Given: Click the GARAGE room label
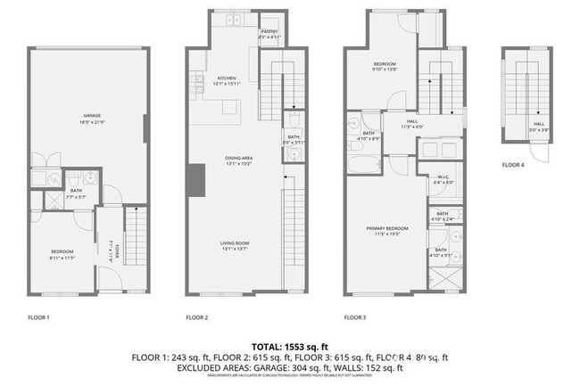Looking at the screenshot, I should tap(91, 116).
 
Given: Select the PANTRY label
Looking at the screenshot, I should tap(269, 32).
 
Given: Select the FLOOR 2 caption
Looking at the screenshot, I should tap(196, 316).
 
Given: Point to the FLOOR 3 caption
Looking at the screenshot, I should tap(355, 316).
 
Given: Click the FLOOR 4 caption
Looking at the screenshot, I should tap(512, 165).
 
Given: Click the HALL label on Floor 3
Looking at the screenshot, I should tap(411, 121).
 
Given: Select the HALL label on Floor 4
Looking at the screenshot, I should tap(539, 124).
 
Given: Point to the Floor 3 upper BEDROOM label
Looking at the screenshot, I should tap(385, 64).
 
